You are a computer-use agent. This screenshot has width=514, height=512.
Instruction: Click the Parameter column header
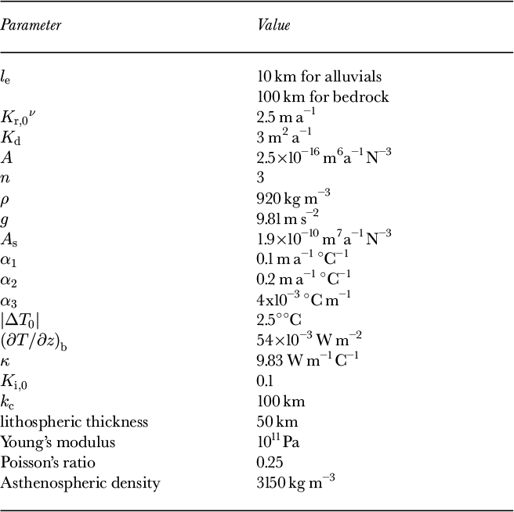click(x=31, y=25)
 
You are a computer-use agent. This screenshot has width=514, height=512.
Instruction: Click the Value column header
click(x=274, y=25)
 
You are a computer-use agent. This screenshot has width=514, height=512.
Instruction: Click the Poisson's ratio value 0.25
click(x=270, y=462)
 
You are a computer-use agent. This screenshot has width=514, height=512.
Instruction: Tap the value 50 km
click(x=274, y=421)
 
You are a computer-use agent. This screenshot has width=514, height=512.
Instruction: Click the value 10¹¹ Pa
click(x=277, y=442)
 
